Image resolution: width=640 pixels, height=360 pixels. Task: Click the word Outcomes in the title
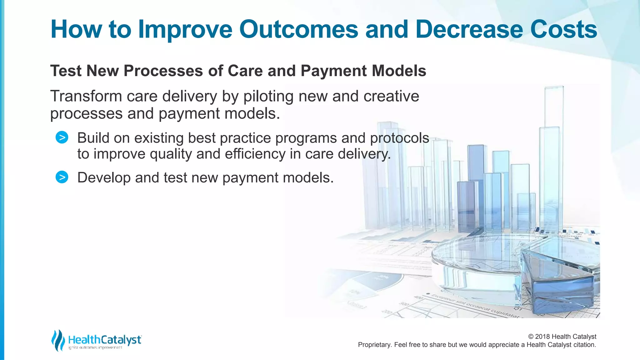298,29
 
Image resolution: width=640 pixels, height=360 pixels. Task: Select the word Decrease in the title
469,29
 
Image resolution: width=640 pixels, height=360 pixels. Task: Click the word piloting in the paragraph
268,97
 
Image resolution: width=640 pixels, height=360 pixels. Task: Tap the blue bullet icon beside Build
62,137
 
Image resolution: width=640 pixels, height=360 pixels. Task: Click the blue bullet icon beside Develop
62,177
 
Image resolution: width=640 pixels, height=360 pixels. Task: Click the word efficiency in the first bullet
255,154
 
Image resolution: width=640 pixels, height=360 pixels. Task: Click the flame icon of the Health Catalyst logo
58,340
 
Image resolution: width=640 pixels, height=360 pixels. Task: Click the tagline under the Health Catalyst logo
95,348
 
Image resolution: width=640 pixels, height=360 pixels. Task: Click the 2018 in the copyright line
542,337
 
